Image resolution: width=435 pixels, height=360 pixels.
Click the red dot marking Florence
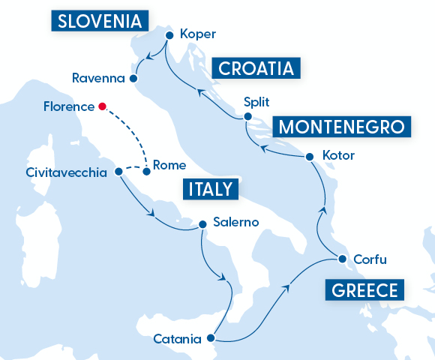(x=102, y=106)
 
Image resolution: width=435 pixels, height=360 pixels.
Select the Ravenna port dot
(x=133, y=78)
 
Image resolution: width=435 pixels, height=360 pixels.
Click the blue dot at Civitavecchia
(x=118, y=172)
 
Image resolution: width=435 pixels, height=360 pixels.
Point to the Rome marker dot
(x=147, y=172)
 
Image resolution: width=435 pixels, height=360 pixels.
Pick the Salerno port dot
(x=201, y=223)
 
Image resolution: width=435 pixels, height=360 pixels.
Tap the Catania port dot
(x=214, y=339)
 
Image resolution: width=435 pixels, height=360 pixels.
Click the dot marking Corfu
(x=341, y=259)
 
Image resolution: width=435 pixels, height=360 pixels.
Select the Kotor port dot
(x=310, y=156)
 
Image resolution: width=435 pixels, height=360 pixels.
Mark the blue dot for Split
(x=246, y=116)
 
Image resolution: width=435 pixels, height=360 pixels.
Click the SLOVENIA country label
(x=100, y=19)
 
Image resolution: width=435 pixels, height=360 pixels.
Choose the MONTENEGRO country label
(x=342, y=126)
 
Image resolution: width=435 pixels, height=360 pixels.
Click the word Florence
(x=70, y=106)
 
